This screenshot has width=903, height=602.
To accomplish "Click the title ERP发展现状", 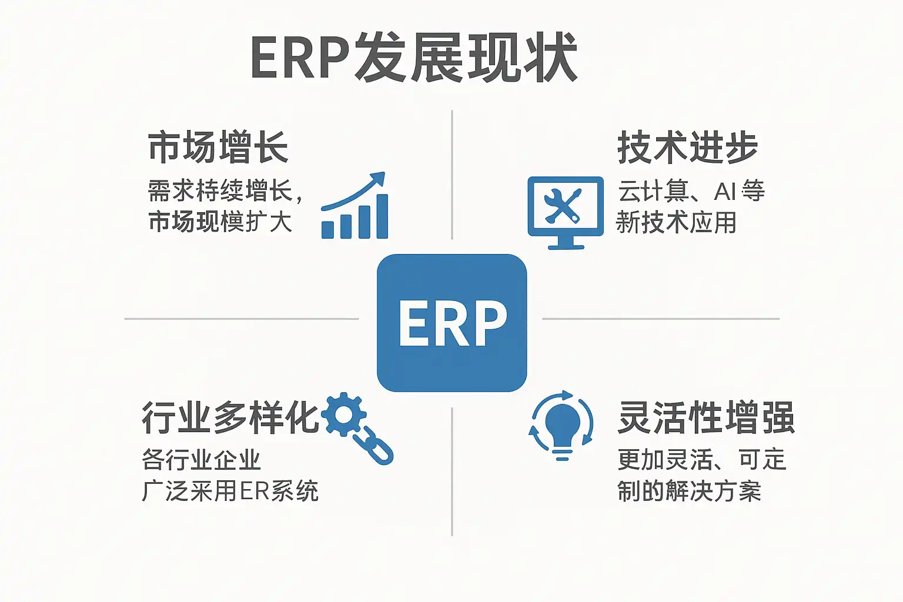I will [x=414, y=58].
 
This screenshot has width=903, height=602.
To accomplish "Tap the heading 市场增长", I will [x=218, y=147].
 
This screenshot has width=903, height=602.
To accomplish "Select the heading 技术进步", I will [x=687, y=147].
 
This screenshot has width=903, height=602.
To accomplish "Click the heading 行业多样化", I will [x=230, y=418].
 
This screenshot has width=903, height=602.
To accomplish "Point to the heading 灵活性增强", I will [x=706, y=418].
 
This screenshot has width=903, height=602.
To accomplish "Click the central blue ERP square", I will [x=451, y=323].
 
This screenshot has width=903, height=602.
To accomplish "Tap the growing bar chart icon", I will [x=354, y=206].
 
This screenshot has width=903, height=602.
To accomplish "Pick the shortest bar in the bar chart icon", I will [x=328, y=229].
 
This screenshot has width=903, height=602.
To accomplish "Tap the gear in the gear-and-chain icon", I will [x=343, y=415].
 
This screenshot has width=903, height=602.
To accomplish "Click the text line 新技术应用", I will [x=676, y=223].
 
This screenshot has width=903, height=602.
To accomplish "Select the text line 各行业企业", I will [x=201, y=460].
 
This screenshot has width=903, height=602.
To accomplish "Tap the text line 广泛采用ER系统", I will [x=230, y=491].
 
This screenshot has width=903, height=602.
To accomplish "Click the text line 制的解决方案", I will [x=689, y=491].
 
